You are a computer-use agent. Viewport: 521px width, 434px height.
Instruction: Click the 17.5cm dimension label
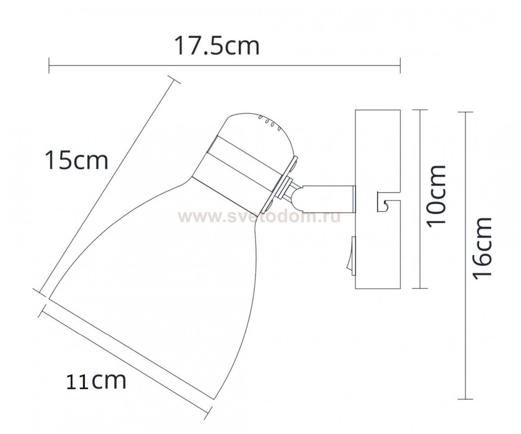click(217, 46)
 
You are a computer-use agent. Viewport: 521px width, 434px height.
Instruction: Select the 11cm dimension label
click(96, 381)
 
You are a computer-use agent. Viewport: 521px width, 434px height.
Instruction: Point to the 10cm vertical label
click(437, 196)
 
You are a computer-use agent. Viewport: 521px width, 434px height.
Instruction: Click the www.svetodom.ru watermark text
click(259, 217)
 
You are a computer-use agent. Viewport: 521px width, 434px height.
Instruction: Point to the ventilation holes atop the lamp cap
click(269, 123)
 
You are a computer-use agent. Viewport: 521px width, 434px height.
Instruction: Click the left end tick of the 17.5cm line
click(49, 65)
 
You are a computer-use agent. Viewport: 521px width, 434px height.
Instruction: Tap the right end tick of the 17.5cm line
click(400, 65)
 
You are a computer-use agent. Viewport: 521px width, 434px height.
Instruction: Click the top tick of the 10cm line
click(420, 110)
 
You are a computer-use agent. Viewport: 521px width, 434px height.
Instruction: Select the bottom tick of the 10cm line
click(420, 288)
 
